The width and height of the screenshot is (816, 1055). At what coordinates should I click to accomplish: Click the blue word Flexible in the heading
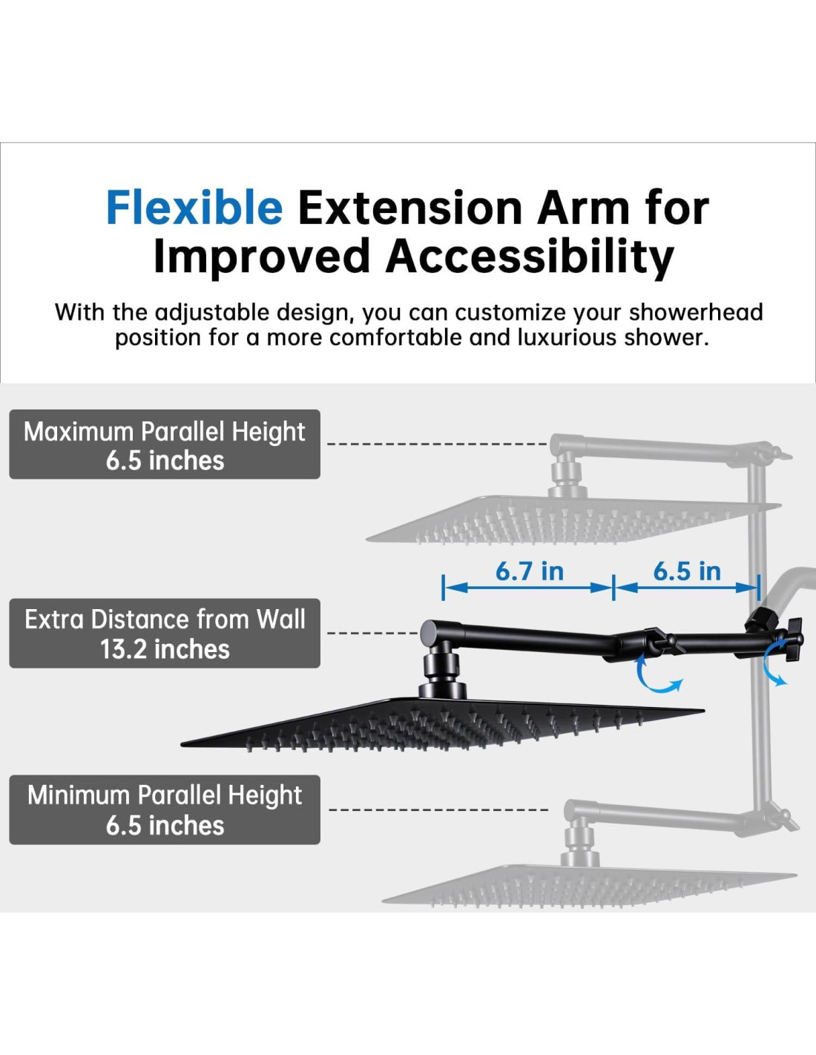(x=194, y=208)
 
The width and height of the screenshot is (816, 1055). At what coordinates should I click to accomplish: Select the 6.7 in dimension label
(x=530, y=571)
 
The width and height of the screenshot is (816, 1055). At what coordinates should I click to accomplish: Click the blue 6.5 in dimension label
(x=687, y=571)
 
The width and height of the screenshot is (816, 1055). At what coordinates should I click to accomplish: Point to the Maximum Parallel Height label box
(x=165, y=444)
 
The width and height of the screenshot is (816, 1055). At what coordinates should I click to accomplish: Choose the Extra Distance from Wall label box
(x=165, y=633)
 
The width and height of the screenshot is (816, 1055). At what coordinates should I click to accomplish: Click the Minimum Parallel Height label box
(x=165, y=809)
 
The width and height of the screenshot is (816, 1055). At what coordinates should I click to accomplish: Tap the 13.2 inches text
(x=165, y=650)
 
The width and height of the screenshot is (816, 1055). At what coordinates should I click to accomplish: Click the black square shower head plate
(x=441, y=724)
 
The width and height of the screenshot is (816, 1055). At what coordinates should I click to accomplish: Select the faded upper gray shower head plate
(x=573, y=519)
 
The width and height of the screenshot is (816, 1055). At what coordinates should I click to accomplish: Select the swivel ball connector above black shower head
(x=441, y=668)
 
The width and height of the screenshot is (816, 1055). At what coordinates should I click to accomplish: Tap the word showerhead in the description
(x=696, y=312)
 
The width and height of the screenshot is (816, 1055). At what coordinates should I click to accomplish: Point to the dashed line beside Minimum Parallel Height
(x=438, y=810)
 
